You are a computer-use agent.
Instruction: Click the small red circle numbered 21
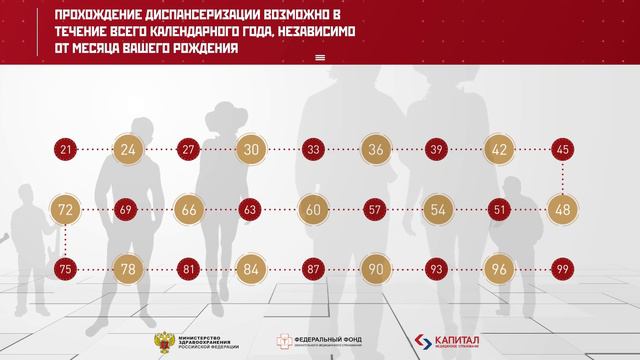click(66, 151)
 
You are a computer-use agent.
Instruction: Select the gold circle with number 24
click(128, 151)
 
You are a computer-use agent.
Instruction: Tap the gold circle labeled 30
click(251, 151)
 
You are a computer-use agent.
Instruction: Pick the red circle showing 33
click(314, 151)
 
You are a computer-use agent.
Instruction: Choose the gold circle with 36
click(376, 151)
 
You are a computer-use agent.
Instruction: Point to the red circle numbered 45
click(562, 151)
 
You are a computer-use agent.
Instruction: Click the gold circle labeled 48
click(562, 210)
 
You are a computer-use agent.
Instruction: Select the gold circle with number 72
click(66, 210)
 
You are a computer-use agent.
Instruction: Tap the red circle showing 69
click(127, 210)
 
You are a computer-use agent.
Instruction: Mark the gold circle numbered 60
click(314, 210)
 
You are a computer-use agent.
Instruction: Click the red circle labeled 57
click(376, 210)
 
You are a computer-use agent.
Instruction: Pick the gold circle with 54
click(438, 210)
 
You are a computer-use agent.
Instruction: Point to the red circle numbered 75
click(66, 269)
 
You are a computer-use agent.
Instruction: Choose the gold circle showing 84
click(251, 269)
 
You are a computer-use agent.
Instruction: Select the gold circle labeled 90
click(376, 269)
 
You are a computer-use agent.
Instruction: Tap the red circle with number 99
click(562, 269)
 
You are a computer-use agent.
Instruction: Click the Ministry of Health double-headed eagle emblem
click(159, 341)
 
